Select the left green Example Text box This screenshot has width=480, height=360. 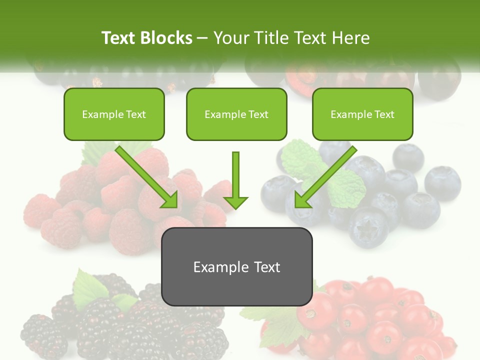point(114,114)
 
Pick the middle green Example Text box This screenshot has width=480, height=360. point(236,114)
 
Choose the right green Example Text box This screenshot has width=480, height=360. point(362,114)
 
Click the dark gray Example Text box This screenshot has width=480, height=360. point(236,266)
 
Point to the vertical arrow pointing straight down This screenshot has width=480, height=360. point(235,180)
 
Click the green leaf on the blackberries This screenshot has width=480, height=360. point(89,288)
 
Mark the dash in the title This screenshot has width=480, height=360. point(202,38)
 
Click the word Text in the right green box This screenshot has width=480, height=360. point(384,114)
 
